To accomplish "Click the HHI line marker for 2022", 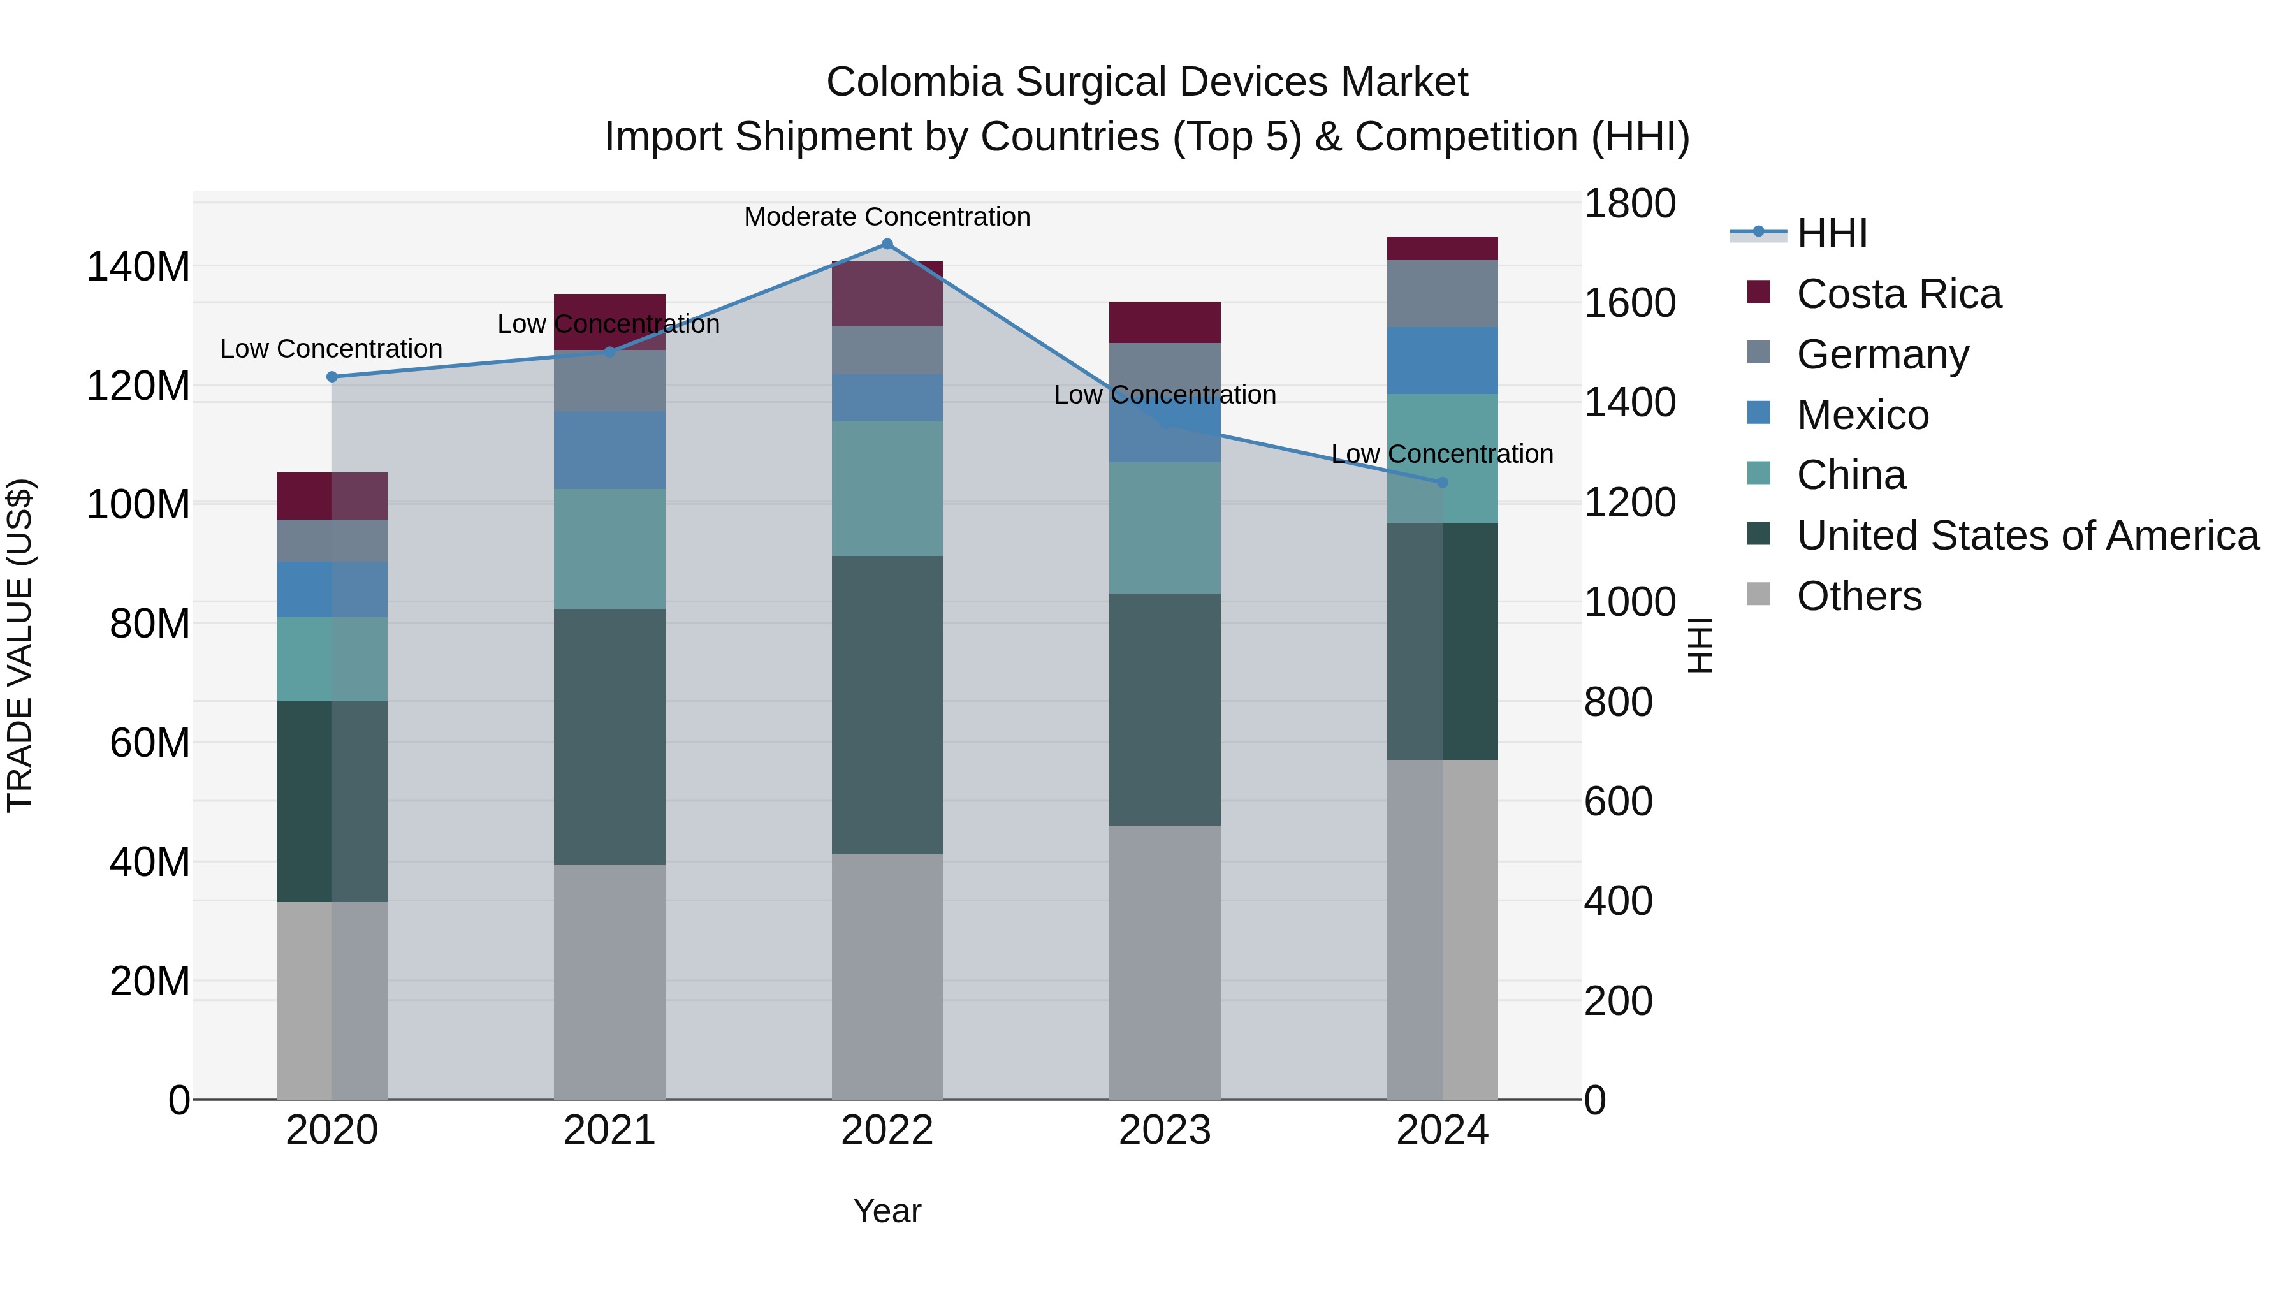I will point(887,244).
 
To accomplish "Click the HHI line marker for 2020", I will point(332,377).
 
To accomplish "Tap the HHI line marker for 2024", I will point(1443,482).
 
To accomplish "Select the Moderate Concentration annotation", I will point(887,217).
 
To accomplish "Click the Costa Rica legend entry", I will point(1898,294).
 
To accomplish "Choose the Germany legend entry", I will point(1882,354).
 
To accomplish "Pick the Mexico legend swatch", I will point(1759,413).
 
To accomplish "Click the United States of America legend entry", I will point(2027,536).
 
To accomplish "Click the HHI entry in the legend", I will point(1831,233).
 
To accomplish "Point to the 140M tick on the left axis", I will point(138,266).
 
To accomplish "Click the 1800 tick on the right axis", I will point(1629,203).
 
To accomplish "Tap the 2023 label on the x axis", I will point(1165,1130).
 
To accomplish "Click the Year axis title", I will point(887,1211).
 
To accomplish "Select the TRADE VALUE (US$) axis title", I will point(20,645).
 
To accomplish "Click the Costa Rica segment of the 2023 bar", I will point(1165,323).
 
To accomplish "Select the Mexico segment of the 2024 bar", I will point(1443,360).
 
